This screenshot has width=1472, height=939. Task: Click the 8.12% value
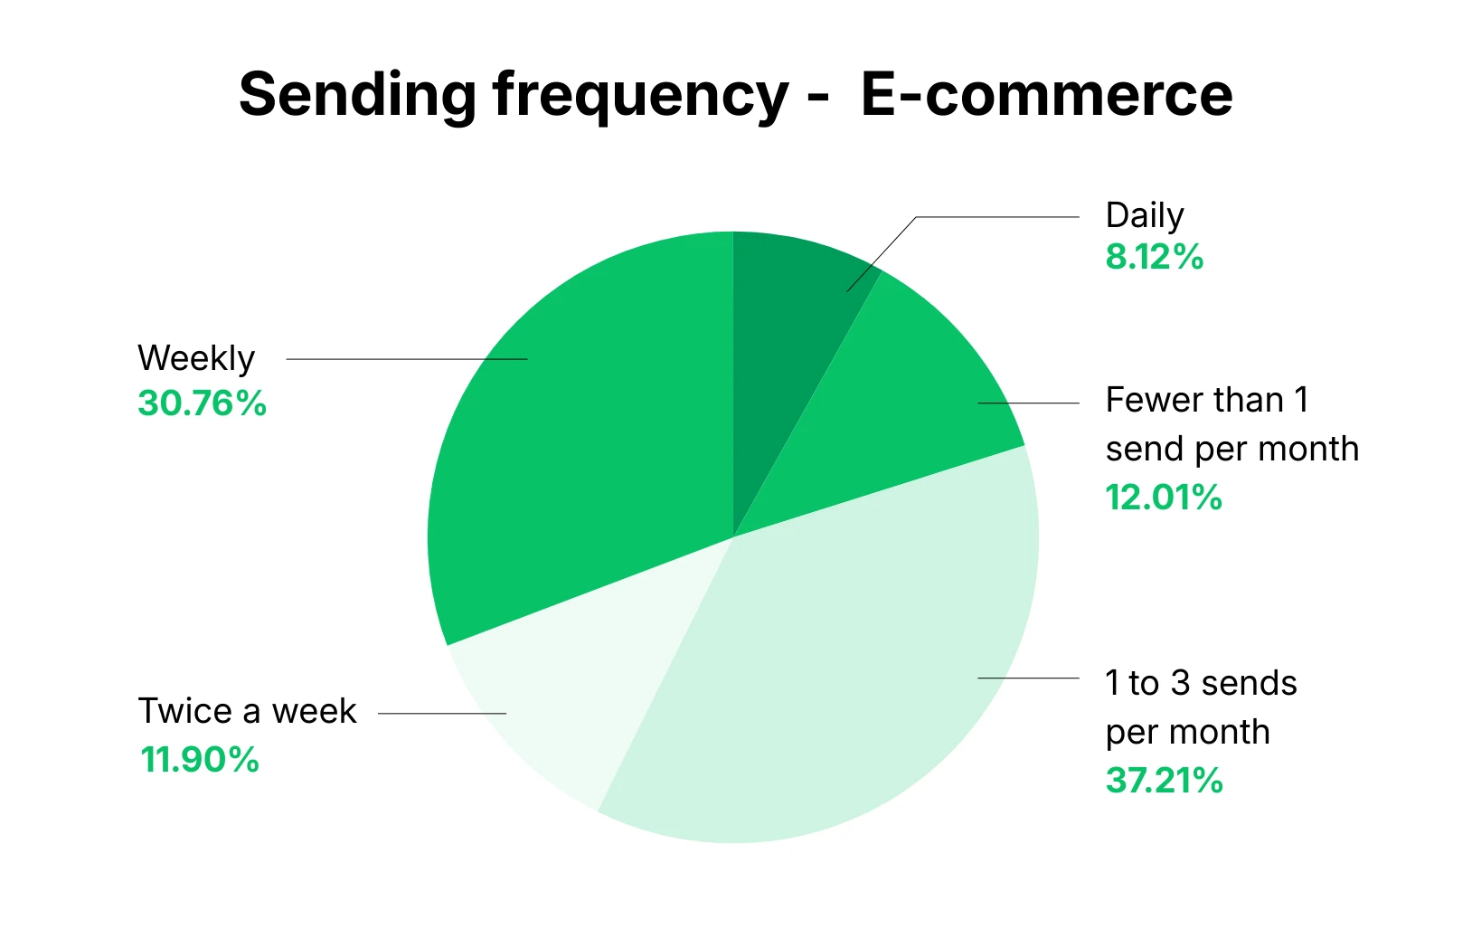point(1155,258)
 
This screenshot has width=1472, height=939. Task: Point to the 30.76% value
point(202,403)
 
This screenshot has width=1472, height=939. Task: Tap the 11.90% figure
point(200,760)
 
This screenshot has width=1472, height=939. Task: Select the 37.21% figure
point(1164,781)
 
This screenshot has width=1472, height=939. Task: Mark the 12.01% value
point(1164,498)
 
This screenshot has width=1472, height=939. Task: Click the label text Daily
point(1145,216)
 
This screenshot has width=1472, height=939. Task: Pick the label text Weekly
point(196,359)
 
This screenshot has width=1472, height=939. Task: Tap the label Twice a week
point(247,711)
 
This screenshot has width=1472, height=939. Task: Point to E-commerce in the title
point(1046,94)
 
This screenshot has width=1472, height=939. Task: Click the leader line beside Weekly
point(407,359)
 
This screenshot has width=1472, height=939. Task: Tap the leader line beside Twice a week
point(442,713)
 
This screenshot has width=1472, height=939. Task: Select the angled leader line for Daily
point(882,254)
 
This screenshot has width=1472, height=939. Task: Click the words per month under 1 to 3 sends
point(1187,732)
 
